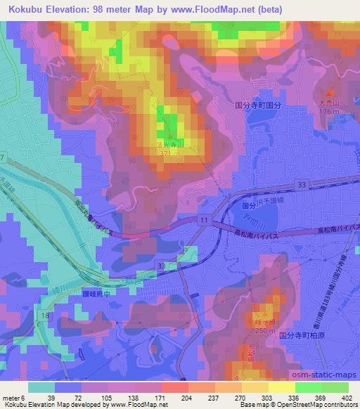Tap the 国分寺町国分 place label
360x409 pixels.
[257, 103]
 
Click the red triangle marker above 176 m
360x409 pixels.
[330, 92]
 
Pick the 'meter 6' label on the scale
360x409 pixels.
[14, 396]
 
